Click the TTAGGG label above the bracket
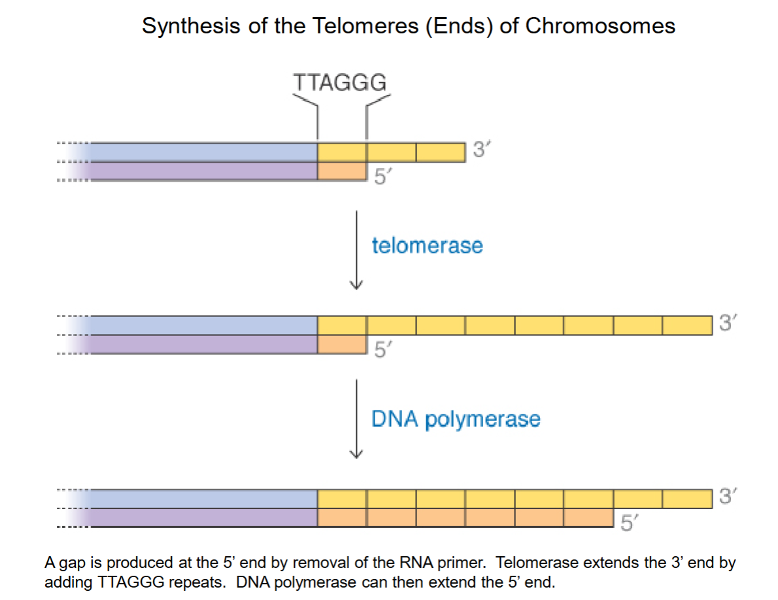pos(340,83)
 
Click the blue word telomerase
pos(427,246)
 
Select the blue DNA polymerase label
pos(456,418)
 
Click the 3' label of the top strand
pos(481,150)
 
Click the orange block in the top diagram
pos(341,171)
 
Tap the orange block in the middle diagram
pos(341,344)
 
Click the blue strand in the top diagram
pos(203,152)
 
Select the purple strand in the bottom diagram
pos(203,518)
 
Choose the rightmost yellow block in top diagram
pos(440,152)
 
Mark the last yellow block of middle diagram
pos(686,325)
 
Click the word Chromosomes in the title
pos(600,26)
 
